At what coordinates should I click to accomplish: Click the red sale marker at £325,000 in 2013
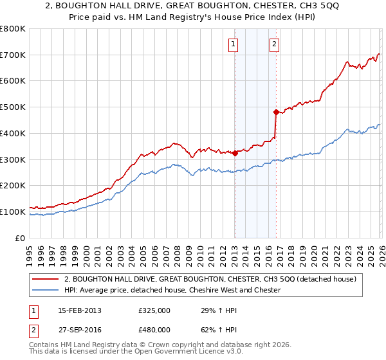pyautogui.click(x=235, y=153)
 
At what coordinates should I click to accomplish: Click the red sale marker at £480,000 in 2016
pyautogui.click(x=276, y=113)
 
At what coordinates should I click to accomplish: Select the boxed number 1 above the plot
pyautogui.click(x=232, y=44)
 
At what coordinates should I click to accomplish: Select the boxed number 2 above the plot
pyautogui.click(x=274, y=44)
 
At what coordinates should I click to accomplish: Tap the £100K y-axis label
pyautogui.click(x=14, y=212)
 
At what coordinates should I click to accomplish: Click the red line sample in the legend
pyautogui.click(x=45, y=279)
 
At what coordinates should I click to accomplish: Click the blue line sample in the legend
pyautogui.click(x=45, y=290)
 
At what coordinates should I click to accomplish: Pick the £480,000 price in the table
pyautogui.click(x=154, y=331)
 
